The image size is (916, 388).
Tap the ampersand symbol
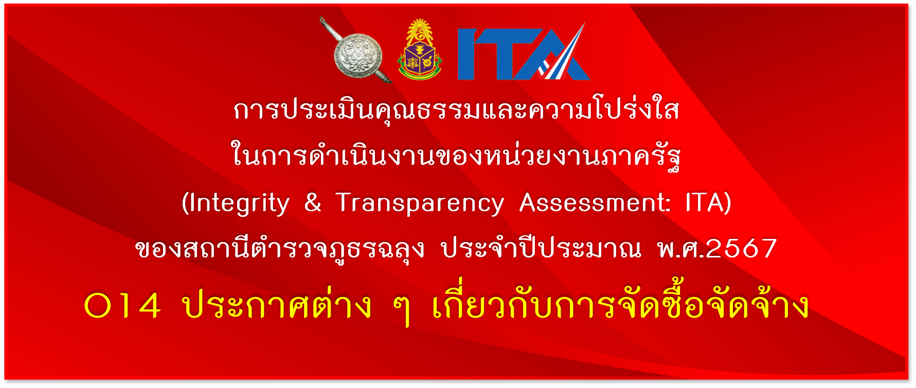tap(313, 202)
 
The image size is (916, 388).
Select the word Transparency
tap(420, 204)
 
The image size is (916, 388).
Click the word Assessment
tap(592, 202)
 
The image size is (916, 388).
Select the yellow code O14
tap(122, 306)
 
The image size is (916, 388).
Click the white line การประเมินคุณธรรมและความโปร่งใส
tap(456, 108)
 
